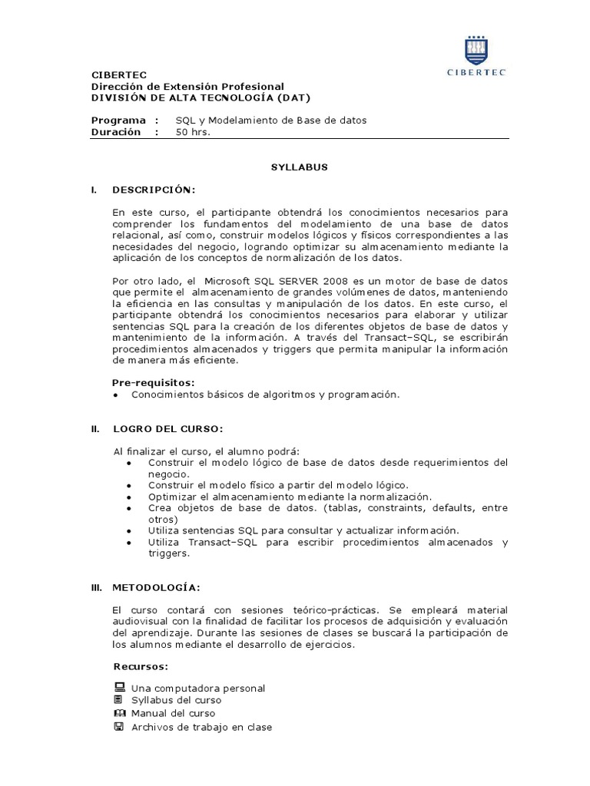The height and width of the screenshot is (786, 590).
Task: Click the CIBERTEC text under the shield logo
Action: pos(476,73)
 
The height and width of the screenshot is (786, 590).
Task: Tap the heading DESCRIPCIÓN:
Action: pos(154,189)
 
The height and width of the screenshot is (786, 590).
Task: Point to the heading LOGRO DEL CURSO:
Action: pos(168,429)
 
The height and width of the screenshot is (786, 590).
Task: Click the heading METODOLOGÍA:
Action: pos(156,587)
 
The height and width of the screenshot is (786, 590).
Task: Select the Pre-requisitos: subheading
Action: pos(154,381)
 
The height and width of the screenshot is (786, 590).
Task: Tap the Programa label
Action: pos(118,121)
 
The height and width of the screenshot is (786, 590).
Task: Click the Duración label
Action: pos(116,132)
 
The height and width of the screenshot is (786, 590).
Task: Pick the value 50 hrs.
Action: pos(193,132)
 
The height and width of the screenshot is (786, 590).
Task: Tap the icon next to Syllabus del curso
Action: pos(118,700)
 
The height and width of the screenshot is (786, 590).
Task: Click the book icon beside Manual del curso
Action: pos(118,713)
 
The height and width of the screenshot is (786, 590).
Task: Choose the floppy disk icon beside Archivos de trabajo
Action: pos(118,726)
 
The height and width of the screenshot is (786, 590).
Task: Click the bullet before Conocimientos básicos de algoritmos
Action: pos(115,395)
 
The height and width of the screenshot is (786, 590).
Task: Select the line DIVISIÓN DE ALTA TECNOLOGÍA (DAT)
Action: pos(201,97)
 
